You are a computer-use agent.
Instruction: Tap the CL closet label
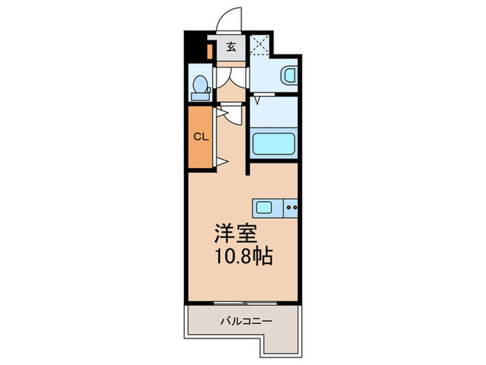pos(200,136)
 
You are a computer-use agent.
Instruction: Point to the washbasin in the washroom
pos(288,76)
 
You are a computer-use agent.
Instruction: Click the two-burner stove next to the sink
pos(292,206)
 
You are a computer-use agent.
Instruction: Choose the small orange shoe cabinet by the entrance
pos(210,52)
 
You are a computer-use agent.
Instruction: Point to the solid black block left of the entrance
pos(196,47)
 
